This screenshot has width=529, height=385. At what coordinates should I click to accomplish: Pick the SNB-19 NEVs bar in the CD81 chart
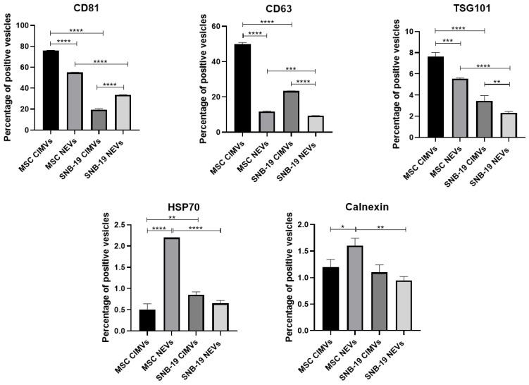pyautogui.click(x=123, y=113)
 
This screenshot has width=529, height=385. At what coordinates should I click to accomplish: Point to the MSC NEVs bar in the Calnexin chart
pyautogui.click(x=356, y=288)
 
